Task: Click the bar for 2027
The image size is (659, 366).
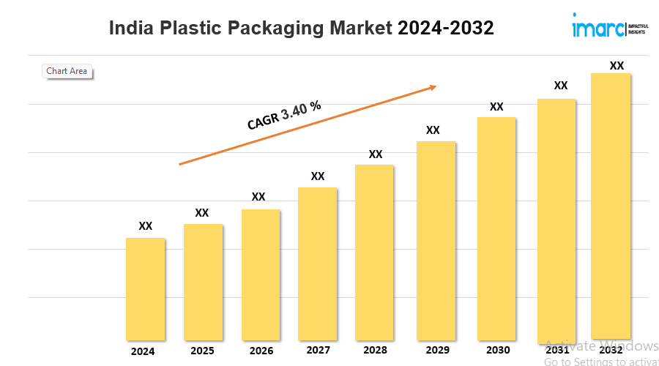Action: [317, 264]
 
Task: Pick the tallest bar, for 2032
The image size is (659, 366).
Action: [611, 205]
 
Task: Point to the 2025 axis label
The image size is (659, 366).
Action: [202, 351]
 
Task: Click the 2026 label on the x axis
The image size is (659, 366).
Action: [261, 351]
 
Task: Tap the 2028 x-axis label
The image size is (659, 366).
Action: [375, 351]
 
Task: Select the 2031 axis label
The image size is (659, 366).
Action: [556, 351]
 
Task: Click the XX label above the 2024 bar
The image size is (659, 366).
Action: [146, 226]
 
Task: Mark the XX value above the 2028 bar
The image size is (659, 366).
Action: [376, 154]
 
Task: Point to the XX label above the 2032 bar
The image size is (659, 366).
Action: [617, 66]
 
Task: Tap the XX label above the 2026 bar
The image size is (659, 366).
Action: [258, 197]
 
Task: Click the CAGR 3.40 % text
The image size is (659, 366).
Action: [284, 116]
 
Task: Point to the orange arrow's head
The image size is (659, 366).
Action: [433, 87]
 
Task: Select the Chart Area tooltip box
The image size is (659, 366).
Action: [67, 71]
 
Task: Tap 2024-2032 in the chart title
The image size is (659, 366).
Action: [445, 29]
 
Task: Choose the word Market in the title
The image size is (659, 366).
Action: [357, 29]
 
